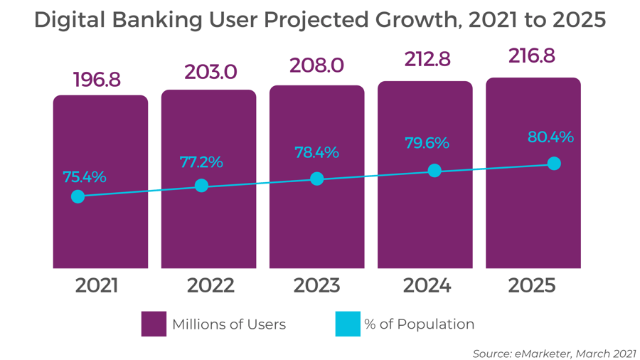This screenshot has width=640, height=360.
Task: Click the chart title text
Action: click(x=320, y=20)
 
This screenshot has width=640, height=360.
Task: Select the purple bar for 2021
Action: click(x=100, y=228)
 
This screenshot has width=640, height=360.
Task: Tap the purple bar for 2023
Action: click(x=316, y=228)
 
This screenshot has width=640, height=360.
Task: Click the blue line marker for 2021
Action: click(x=78, y=196)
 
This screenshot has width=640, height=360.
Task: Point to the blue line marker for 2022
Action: click(x=201, y=186)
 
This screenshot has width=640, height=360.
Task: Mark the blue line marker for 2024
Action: click(x=434, y=171)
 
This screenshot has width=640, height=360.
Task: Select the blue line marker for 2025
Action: click(x=554, y=164)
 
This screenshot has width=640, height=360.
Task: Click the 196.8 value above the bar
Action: click(x=97, y=80)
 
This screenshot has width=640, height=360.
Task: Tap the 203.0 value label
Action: click(x=210, y=73)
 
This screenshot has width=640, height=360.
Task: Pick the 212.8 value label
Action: click(x=427, y=59)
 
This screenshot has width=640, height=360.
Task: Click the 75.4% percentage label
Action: click(x=84, y=176)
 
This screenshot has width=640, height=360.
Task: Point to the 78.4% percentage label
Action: click(x=316, y=152)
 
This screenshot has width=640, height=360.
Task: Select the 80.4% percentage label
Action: click(x=550, y=137)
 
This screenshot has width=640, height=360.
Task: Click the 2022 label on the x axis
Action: click(x=210, y=286)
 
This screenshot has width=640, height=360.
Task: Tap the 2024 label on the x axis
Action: click(x=427, y=286)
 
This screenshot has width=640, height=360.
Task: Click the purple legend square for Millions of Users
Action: click(x=154, y=324)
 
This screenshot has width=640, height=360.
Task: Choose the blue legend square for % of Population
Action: click(x=348, y=324)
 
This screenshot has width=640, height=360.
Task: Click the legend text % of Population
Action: click(x=420, y=324)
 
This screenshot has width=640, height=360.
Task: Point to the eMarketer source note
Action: click(x=554, y=354)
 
